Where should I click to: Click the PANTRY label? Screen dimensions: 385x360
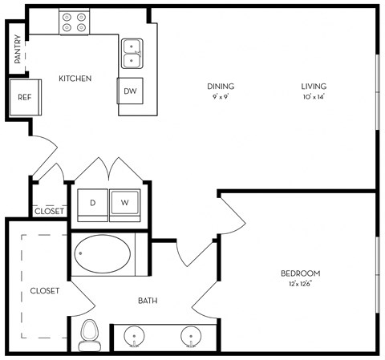coord(18,49)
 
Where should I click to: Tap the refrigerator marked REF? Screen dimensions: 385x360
coord(25,97)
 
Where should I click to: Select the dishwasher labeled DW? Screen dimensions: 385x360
coord(130,91)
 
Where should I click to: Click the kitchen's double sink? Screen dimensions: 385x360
coord(132,54)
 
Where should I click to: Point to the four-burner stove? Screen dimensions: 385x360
coord(74,22)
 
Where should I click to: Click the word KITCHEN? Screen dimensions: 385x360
coord(75,79)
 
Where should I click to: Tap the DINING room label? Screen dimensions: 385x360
coord(221,87)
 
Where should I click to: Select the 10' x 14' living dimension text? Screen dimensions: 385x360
coord(314,97)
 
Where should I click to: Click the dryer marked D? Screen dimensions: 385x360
coord(92,205)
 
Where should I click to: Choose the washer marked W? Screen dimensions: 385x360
coord(125,205)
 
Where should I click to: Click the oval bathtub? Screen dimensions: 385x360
coord(103,254)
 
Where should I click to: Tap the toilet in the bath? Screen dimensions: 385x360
coord(90,336)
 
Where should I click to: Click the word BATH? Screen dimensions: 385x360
coord(148,301)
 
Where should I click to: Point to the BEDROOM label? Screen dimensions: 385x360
coord(301,273)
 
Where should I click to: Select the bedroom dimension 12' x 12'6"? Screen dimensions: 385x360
coord(301,284)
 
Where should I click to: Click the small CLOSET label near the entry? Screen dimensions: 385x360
coord(50,212)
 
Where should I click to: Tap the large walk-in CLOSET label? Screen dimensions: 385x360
coord(45,291)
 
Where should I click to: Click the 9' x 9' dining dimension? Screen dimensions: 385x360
coord(221,97)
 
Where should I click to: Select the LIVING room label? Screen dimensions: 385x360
coord(314,87)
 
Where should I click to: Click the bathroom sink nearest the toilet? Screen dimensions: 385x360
coord(134,336)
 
